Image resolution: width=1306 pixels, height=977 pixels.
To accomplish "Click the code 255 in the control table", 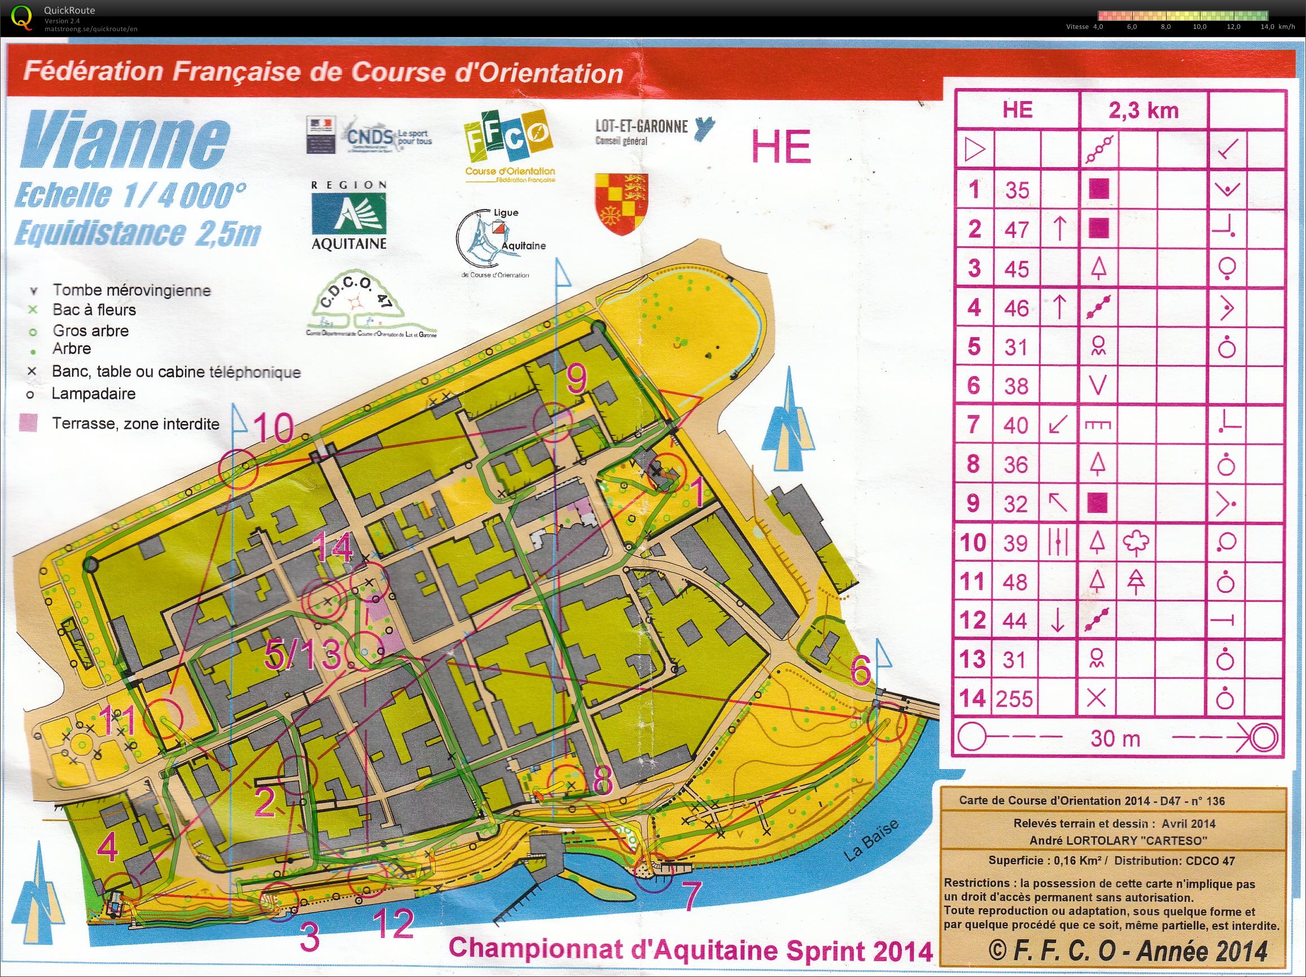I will click(x=1015, y=699).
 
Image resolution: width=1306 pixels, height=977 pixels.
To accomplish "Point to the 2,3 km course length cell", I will click(x=1143, y=111).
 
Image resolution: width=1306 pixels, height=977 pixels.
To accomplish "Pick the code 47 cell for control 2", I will click(x=1016, y=229).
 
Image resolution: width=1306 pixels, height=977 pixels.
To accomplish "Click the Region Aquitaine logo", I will click(x=349, y=216).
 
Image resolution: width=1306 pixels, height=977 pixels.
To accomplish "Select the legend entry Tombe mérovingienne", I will click(x=131, y=290).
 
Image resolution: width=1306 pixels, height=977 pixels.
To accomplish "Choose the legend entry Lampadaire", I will click(x=93, y=394).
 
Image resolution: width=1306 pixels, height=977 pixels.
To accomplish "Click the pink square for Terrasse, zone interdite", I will click(x=28, y=423).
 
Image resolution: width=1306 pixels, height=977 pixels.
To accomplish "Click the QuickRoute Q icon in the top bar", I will click(x=22, y=16).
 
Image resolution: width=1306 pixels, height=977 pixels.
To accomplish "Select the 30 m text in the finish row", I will click(x=1115, y=738).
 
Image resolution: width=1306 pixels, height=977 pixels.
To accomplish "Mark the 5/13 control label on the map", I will click(x=303, y=655).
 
